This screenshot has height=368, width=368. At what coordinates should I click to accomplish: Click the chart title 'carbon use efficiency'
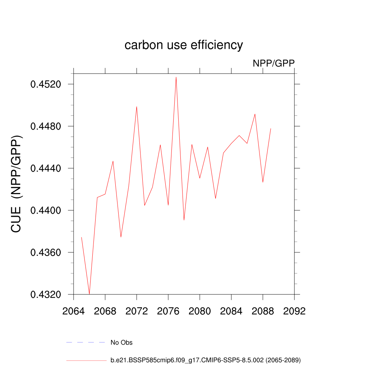point(184,45)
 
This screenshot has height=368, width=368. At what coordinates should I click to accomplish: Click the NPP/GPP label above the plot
point(273,64)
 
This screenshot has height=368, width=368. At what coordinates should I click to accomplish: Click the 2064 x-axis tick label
point(74,311)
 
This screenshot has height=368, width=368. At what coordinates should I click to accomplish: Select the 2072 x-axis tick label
point(137,311)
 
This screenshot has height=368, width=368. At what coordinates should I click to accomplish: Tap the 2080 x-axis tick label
point(200,311)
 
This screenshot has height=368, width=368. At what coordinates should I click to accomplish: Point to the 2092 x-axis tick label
point(294,311)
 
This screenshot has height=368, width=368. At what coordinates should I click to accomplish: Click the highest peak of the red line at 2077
point(176,77)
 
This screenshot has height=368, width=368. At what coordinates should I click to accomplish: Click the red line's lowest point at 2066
point(89,294)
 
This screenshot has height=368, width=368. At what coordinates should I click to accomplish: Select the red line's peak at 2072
point(137,106)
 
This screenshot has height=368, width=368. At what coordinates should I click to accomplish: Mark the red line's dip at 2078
point(184,220)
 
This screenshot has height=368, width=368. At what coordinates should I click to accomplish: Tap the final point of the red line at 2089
point(271,128)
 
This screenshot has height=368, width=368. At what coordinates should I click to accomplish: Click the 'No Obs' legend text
point(121,342)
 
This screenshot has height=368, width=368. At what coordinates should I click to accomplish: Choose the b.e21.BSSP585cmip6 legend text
point(206,360)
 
